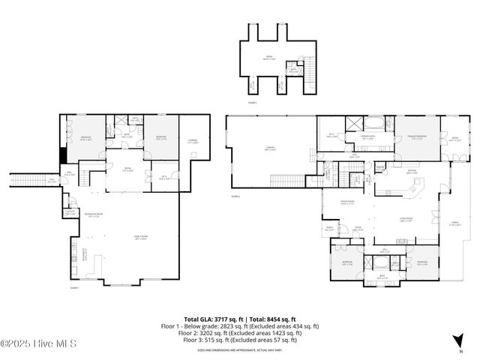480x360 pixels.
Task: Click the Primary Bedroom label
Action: click(x=417, y=136)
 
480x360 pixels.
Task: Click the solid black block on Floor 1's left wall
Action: click(x=63, y=154)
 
